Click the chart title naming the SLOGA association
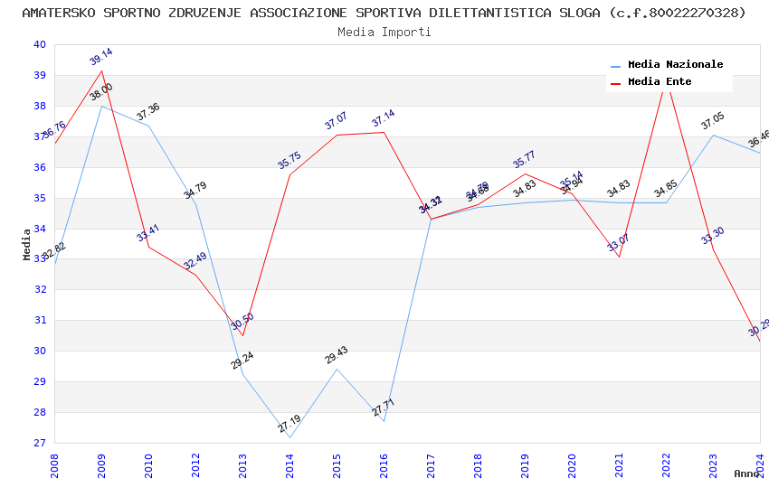click(384, 13)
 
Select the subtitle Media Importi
click(384, 32)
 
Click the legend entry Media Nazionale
click(675, 65)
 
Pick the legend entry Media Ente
click(660, 82)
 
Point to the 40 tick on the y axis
click(39, 45)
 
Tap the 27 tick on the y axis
click(39, 443)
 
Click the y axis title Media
click(27, 244)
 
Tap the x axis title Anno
click(746, 474)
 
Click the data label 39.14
click(101, 57)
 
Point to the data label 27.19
click(290, 424)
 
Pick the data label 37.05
click(713, 121)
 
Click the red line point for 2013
click(242, 335)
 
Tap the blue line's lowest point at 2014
click(290, 437)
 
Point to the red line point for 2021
click(619, 257)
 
